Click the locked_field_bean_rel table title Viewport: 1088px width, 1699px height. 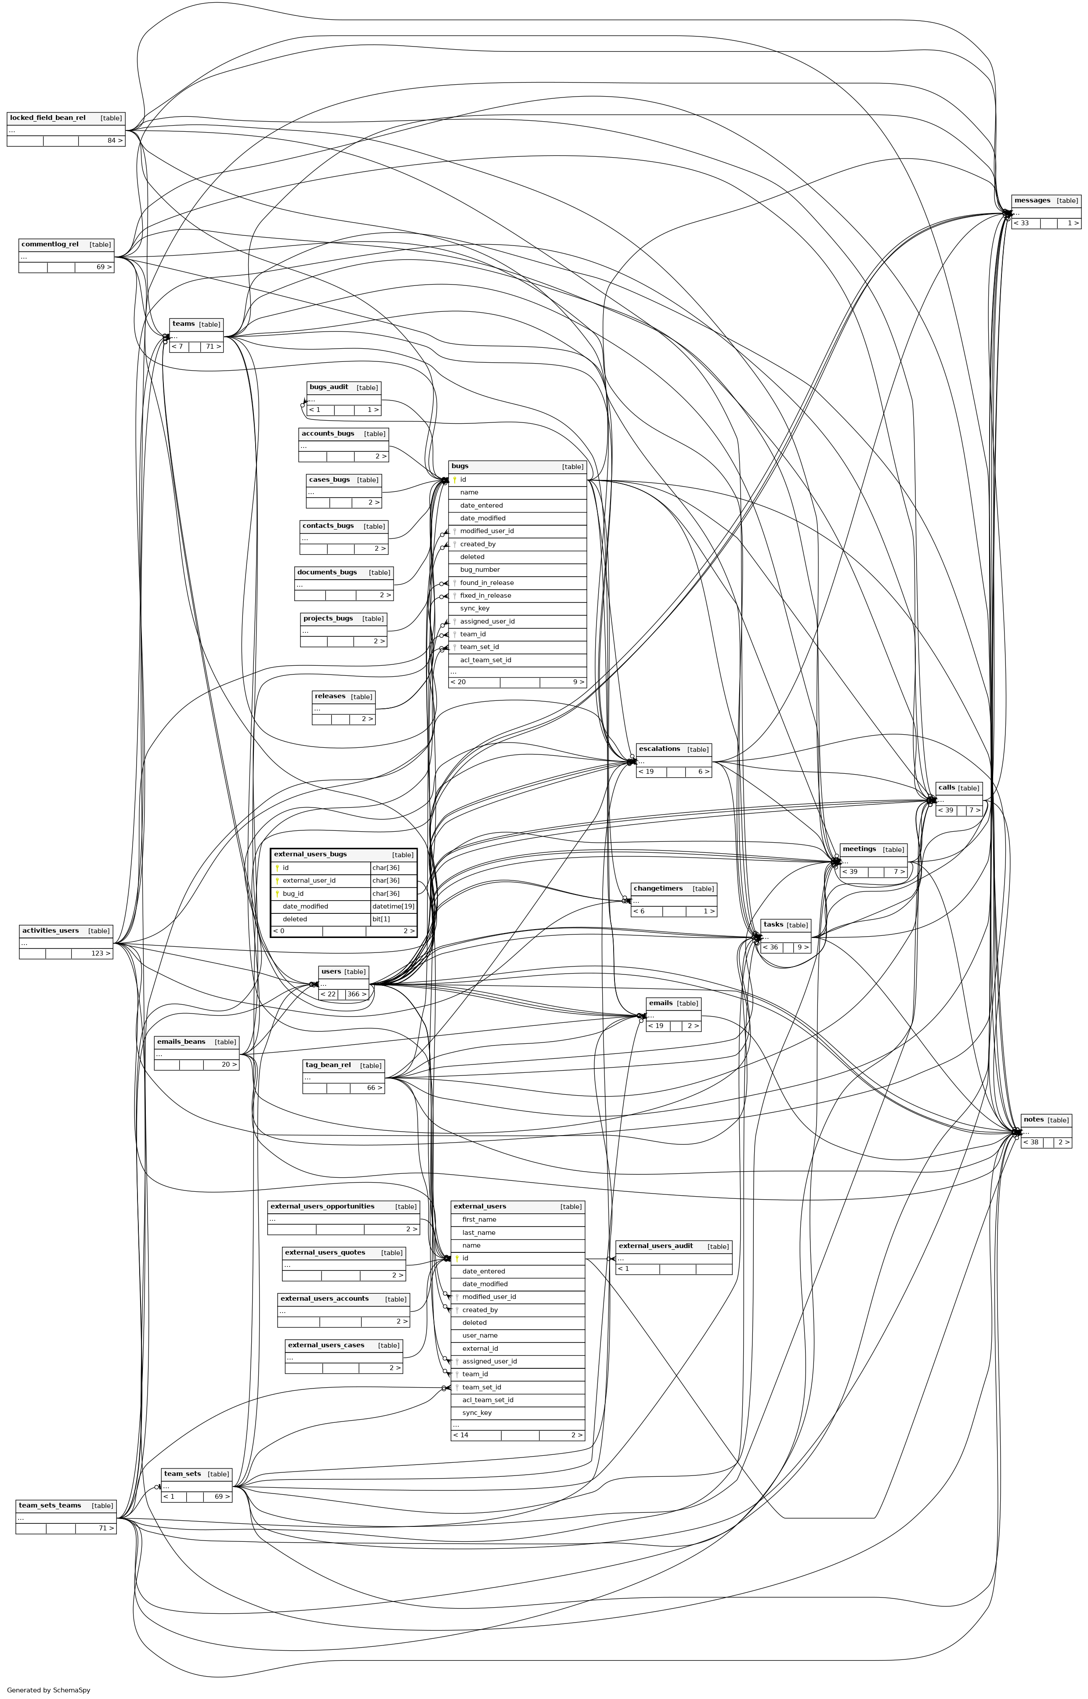click(x=47, y=118)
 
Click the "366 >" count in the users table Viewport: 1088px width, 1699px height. click(x=357, y=994)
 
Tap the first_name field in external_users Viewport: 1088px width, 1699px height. click(x=479, y=1219)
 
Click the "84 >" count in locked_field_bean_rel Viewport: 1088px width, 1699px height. click(x=115, y=141)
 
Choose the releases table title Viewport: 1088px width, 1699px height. click(x=330, y=696)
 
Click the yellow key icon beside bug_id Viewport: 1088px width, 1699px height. click(x=278, y=894)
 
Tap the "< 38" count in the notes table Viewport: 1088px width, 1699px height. click(x=1031, y=1143)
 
